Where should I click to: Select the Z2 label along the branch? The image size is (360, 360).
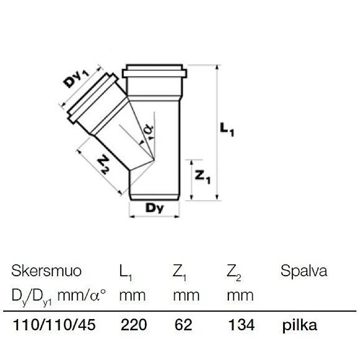point(103,164)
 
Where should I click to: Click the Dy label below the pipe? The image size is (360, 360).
point(154,208)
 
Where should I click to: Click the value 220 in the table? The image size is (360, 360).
point(134,325)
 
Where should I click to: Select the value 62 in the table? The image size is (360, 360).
point(183,325)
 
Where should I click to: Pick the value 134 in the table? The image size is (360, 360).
point(241,325)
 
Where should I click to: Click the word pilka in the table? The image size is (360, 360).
point(300,325)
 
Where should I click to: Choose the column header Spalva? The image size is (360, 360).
point(304,271)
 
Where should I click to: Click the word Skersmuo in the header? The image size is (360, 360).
point(46,271)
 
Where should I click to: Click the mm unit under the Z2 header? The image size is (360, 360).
point(240,296)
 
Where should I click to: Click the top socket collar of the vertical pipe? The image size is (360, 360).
point(154,72)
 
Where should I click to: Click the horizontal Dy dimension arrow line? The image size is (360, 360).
point(154,217)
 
